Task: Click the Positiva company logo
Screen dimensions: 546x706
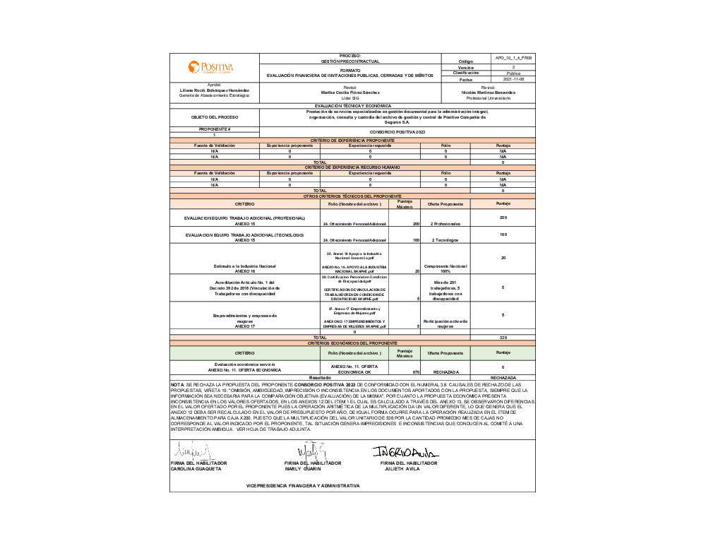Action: pyautogui.click(x=210, y=67)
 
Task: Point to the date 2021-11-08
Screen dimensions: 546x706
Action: pyautogui.click(x=513, y=79)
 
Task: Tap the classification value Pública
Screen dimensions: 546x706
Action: pyautogui.click(x=513, y=73)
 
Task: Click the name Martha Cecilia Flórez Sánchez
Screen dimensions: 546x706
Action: pyautogui.click(x=350, y=93)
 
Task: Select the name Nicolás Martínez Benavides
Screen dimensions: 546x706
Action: pyautogui.click(x=488, y=93)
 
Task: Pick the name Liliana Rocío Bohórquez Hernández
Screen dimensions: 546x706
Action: pyautogui.click(x=215, y=90)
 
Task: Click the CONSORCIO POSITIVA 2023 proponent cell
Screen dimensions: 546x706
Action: pyautogui.click(x=397, y=132)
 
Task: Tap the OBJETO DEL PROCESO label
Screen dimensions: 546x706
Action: pyautogui.click(x=215, y=117)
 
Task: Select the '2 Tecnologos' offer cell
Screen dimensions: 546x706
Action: pyautogui.click(x=445, y=240)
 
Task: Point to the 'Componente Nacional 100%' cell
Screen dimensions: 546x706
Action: pyautogui.click(x=445, y=268)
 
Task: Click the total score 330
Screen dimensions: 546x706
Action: pyautogui.click(x=503, y=338)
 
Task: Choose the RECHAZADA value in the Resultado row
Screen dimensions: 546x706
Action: pyautogui.click(x=503, y=378)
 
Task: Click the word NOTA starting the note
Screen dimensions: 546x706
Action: pyautogui.click(x=177, y=384)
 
